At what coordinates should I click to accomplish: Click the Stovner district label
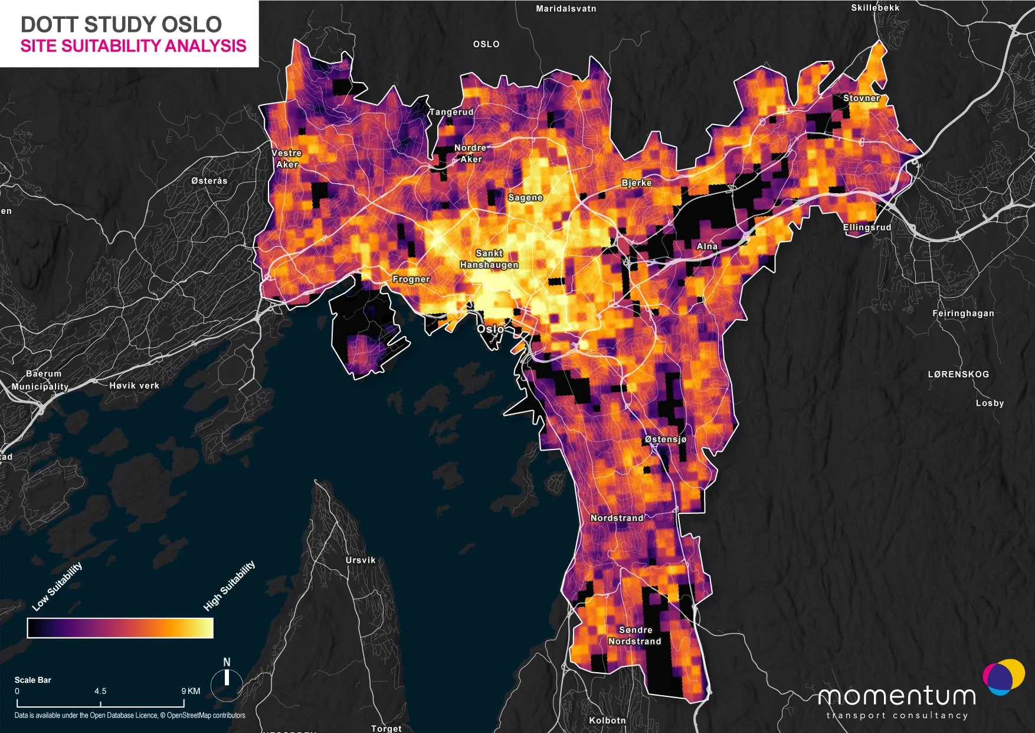tap(862, 98)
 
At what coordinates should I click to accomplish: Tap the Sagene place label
tap(525, 197)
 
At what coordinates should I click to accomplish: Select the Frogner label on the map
tap(411, 279)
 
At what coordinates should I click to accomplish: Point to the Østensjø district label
tap(666, 439)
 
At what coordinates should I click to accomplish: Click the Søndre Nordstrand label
tap(635, 636)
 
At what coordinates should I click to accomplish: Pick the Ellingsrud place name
tap(867, 227)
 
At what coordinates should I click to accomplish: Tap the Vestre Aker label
tap(287, 158)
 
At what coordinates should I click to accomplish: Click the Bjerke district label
tap(637, 183)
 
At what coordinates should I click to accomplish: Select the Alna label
tap(707, 246)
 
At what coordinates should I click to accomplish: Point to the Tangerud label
tap(451, 112)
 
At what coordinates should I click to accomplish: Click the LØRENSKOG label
tap(958, 374)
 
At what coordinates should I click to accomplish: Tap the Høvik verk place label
tap(135, 386)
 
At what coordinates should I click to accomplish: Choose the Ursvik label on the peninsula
tap(361, 560)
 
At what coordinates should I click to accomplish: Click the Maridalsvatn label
tap(566, 9)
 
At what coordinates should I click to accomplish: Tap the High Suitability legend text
tap(230, 585)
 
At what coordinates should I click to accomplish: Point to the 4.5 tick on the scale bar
tap(100, 691)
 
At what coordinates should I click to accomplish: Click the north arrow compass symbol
tap(227, 678)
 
